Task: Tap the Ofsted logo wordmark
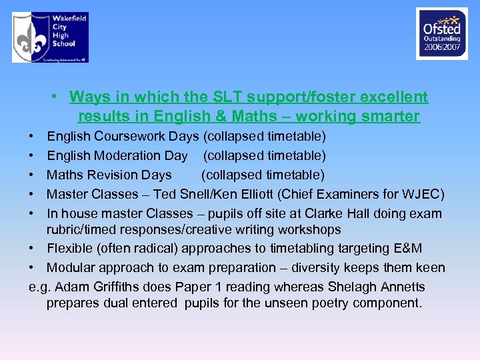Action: click(x=441, y=29)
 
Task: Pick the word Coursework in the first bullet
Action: click(x=126, y=137)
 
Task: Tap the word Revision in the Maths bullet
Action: click(x=111, y=175)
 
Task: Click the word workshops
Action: click(x=309, y=230)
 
